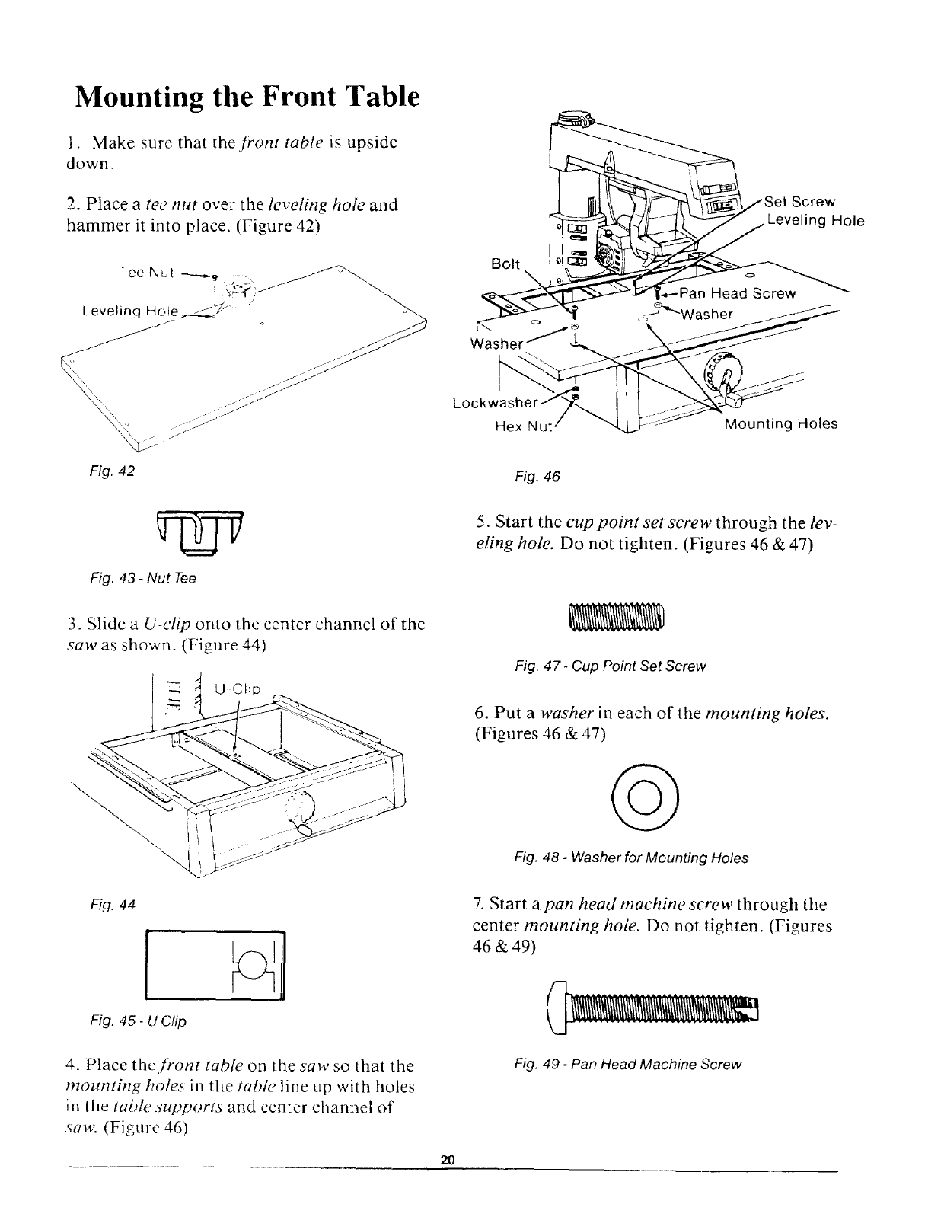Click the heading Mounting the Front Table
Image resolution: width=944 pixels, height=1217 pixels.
(x=247, y=97)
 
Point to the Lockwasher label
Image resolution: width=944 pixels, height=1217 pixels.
(x=495, y=401)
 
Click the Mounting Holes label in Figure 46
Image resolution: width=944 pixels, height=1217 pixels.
(x=780, y=423)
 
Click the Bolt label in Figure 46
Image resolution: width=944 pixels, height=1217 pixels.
(x=506, y=264)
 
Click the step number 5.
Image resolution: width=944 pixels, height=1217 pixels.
(x=480, y=523)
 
